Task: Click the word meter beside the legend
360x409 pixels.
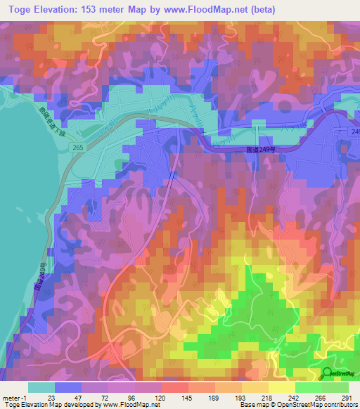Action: (x=12, y=396)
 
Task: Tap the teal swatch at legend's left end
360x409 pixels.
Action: (x=41, y=387)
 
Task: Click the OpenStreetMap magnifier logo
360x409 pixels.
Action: (x=327, y=372)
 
